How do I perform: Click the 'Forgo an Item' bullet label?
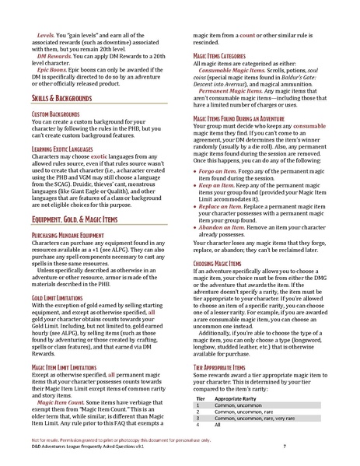(218, 170)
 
